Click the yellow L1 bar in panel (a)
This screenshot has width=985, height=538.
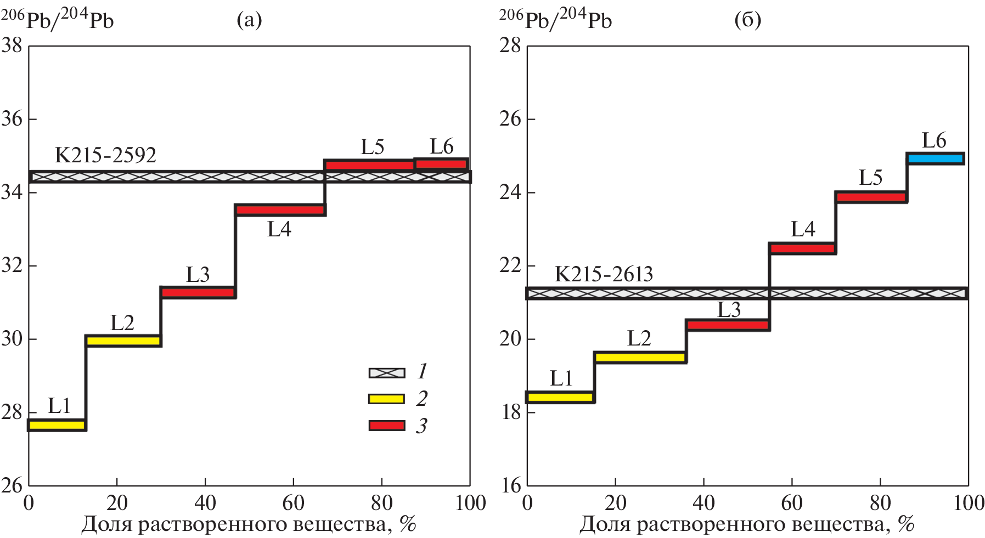pos(57,425)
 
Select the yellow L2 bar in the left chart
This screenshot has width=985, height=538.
pos(123,341)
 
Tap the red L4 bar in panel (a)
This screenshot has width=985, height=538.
pos(280,209)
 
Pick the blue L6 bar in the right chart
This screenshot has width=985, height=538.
pos(935,158)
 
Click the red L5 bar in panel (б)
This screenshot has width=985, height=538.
pos(871,197)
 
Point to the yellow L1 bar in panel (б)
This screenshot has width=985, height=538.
pos(560,397)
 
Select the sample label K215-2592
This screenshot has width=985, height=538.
pos(105,155)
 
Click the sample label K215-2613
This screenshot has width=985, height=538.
pos(604,274)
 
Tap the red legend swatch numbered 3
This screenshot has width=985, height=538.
pos(387,426)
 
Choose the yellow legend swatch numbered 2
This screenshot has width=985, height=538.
pos(387,399)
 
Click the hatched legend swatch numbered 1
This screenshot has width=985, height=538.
pos(387,373)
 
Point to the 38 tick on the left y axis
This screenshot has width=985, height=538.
pos(12,45)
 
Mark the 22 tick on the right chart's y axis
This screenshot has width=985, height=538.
pos(510,265)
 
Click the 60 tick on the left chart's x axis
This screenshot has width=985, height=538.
pos(293,502)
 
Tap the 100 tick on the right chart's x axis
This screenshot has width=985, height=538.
pos(969,502)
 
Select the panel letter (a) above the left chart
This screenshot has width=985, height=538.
pos(249,20)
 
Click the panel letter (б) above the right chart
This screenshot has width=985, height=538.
pos(747,20)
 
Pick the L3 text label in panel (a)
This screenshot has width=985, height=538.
pos(198,274)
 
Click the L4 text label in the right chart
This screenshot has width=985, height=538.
pos(803,229)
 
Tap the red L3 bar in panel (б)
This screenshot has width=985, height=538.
pos(728,325)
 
